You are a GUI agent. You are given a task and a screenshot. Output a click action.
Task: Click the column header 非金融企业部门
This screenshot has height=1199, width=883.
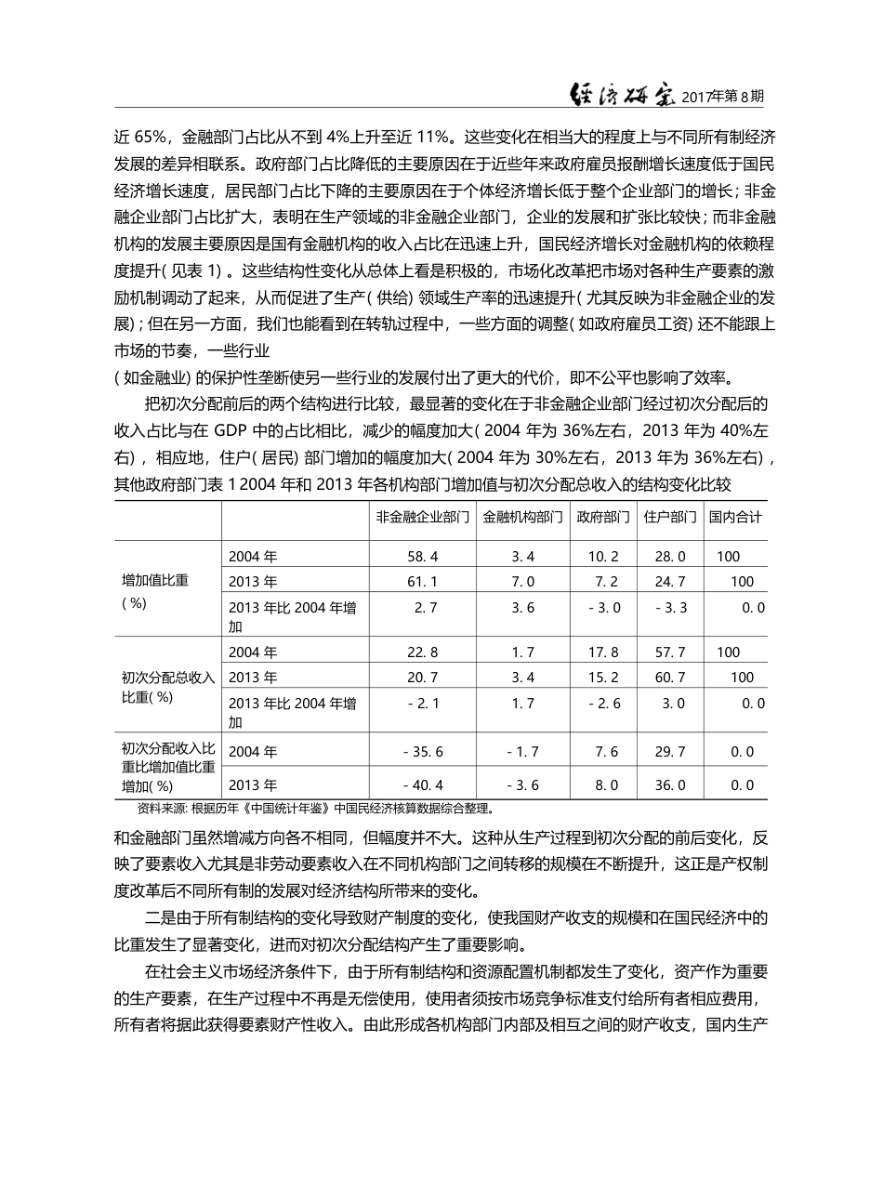[x=422, y=518]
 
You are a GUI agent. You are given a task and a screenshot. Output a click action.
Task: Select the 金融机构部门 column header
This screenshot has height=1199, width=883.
[x=522, y=518]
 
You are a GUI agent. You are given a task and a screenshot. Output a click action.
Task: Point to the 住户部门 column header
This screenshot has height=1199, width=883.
[x=669, y=518]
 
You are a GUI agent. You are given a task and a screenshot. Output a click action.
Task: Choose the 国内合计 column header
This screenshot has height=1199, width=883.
[x=735, y=518]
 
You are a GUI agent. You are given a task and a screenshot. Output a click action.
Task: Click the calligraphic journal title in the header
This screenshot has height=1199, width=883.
[x=621, y=95]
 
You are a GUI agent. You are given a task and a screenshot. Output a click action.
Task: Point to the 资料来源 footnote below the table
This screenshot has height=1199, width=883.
[x=307, y=808]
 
